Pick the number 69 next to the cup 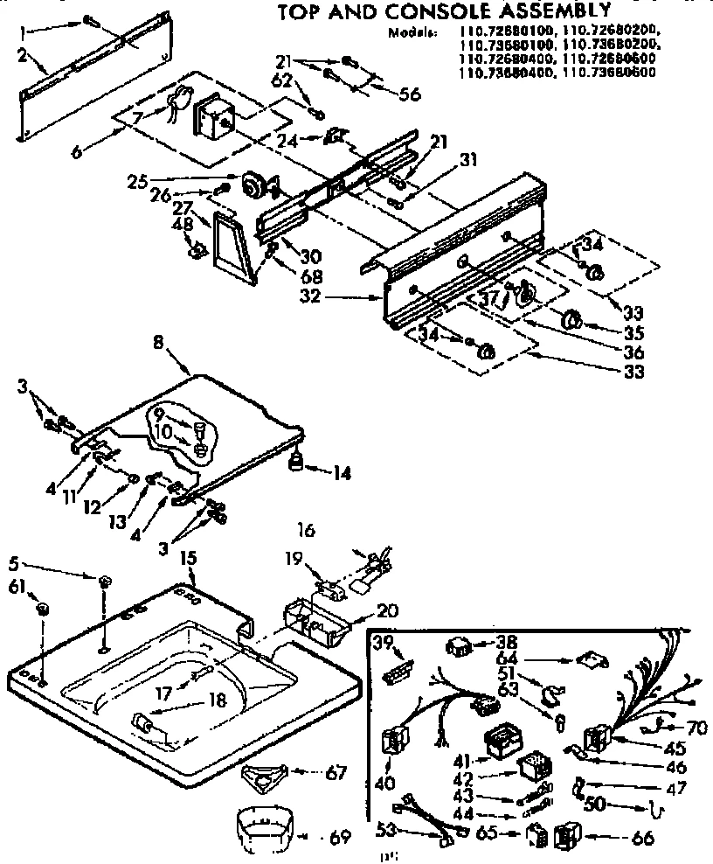[x=340, y=837]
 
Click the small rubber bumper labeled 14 [x=298, y=462]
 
